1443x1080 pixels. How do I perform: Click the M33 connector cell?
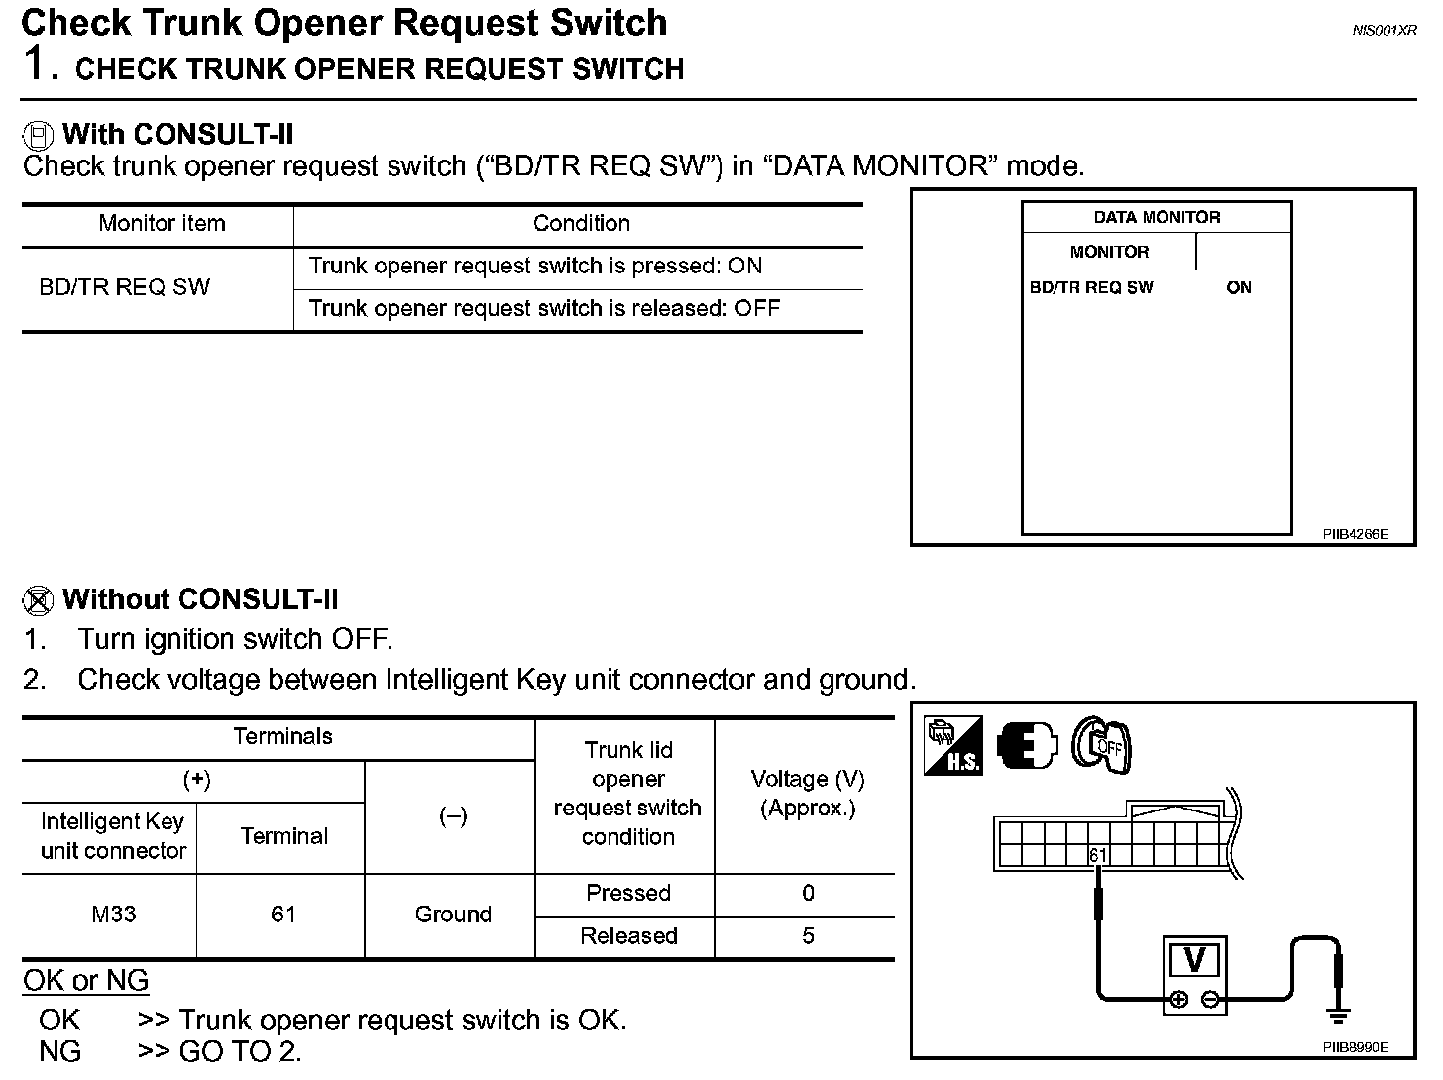coord(113,915)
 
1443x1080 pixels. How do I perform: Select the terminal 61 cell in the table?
coord(283,915)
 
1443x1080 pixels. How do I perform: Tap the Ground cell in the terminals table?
coord(453,915)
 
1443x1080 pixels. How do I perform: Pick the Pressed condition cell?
coord(628,894)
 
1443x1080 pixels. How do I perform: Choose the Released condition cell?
coord(628,936)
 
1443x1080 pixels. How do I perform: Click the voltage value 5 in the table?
coord(808,936)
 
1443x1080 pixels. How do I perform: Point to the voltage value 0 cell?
coord(808,894)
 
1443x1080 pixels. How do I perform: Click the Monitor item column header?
coord(162,224)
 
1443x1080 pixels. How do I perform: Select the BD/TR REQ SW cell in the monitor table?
coord(125,287)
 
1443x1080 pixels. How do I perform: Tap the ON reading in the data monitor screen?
coord(1239,288)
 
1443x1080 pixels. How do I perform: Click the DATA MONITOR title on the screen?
coord(1157,217)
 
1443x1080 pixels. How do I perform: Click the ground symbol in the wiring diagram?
coord(1338,1014)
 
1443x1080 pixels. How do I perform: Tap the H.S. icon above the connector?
coord(952,746)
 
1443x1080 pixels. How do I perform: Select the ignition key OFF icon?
coord(1103,745)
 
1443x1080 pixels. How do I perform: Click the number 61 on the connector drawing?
coord(1098,855)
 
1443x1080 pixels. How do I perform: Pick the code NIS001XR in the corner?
coord(1385,31)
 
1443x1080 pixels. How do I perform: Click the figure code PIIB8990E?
coord(1355,1047)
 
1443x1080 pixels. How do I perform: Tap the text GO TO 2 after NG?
coord(241,1051)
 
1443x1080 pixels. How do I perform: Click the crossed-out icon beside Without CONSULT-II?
coord(38,600)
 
